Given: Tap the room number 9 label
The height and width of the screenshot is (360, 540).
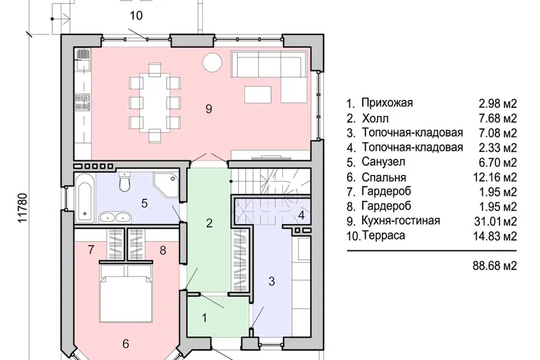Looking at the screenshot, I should (x=209, y=110).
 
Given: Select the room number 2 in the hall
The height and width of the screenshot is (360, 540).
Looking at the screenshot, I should (x=209, y=223).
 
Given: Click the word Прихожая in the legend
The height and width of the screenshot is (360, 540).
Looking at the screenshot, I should (x=387, y=103).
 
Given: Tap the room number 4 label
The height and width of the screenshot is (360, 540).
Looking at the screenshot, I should (x=301, y=215).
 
